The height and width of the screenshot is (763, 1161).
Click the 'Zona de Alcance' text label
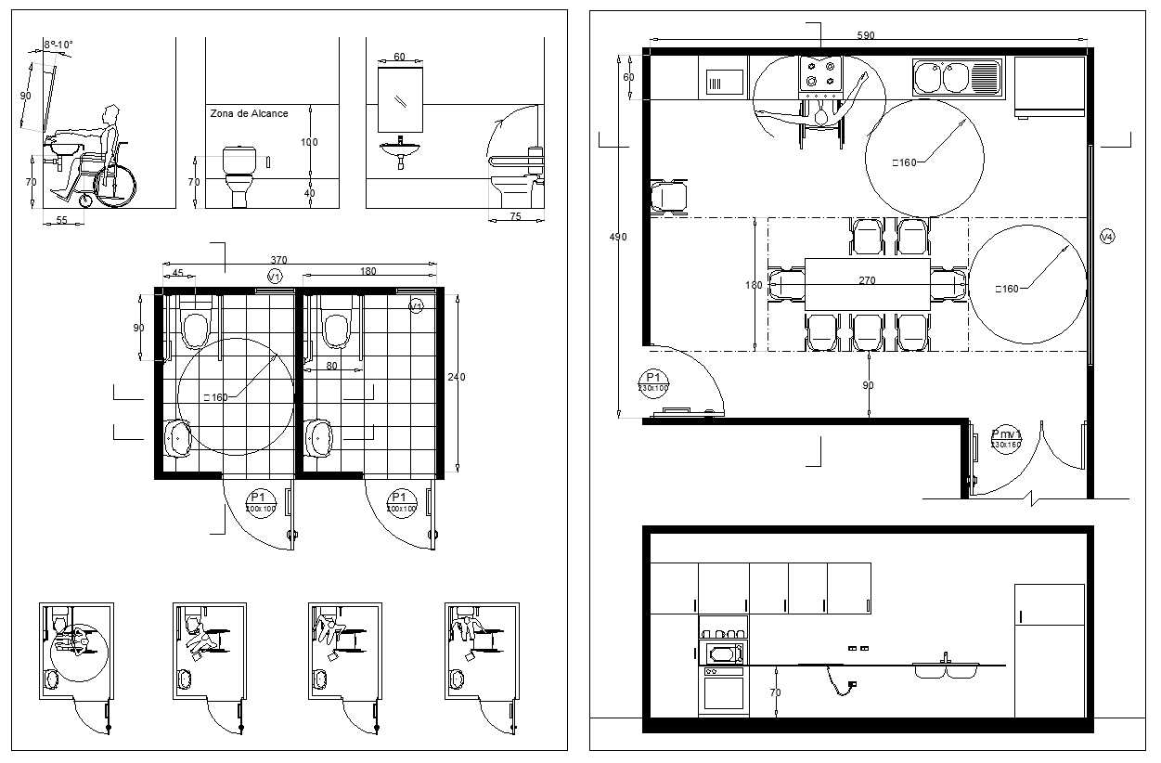coord(249,113)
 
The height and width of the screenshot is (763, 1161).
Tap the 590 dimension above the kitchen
coord(865,35)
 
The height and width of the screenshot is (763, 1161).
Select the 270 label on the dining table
coord(867,280)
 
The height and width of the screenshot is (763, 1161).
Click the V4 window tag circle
coord(1106,238)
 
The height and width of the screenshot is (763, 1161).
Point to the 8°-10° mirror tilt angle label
coord(58,45)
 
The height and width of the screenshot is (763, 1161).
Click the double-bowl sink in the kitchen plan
coord(957,77)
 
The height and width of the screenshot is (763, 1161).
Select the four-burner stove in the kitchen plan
coord(821,74)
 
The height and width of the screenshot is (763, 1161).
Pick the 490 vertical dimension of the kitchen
coord(617,238)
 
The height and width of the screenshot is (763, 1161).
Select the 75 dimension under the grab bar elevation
coord(515,216)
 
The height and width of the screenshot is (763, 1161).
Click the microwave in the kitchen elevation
coord(724,653)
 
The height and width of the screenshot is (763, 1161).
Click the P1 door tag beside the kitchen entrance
coord(653,381)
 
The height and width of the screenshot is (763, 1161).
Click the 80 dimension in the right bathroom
coord(331,366)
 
